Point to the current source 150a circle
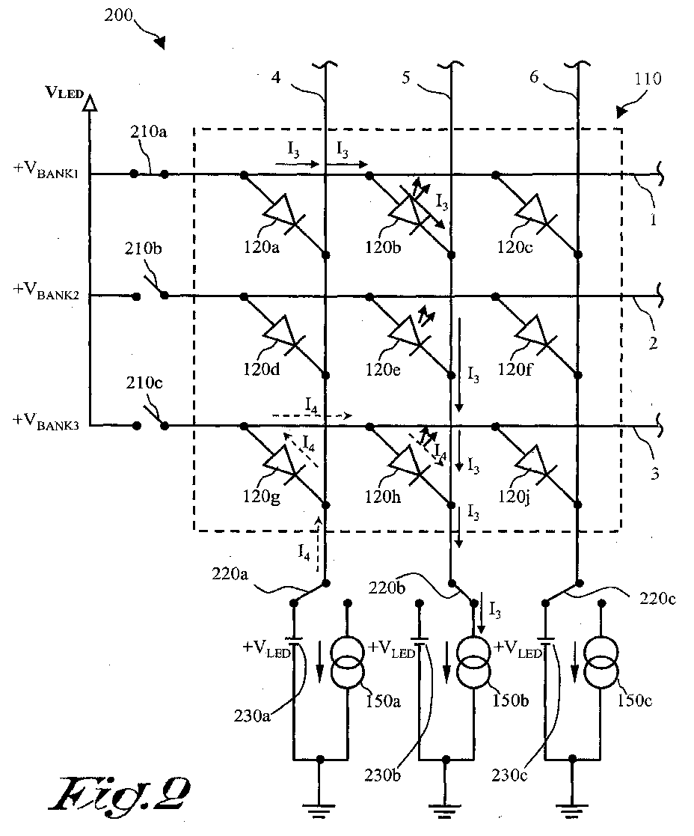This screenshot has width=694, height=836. click(347, 661)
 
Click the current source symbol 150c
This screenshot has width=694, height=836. click(601, 661)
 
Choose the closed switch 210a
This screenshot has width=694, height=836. click(149, 174)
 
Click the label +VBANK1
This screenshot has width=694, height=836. click(46, 170)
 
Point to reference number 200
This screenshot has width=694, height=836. click(118, 16)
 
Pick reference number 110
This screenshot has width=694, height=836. click(648, 79)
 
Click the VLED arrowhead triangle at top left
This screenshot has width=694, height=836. click(90, 103)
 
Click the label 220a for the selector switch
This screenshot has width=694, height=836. click(230, 574)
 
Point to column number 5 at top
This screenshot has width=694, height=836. click(406, 78)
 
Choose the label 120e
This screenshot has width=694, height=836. click(382, 370)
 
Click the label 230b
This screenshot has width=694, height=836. click(382, 775)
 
